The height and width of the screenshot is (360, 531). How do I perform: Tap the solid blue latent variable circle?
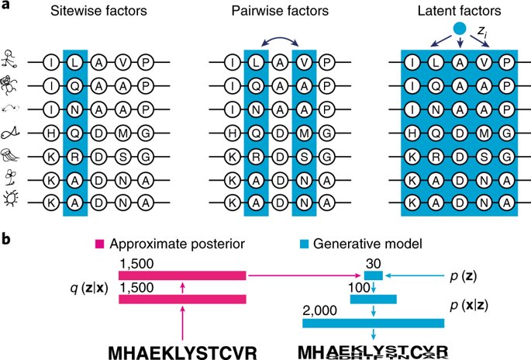point(459,29)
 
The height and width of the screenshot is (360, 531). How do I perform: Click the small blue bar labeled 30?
point(373,275)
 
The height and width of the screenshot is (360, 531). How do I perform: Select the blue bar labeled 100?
point(374,299)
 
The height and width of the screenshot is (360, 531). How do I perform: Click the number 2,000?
point(319,310)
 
